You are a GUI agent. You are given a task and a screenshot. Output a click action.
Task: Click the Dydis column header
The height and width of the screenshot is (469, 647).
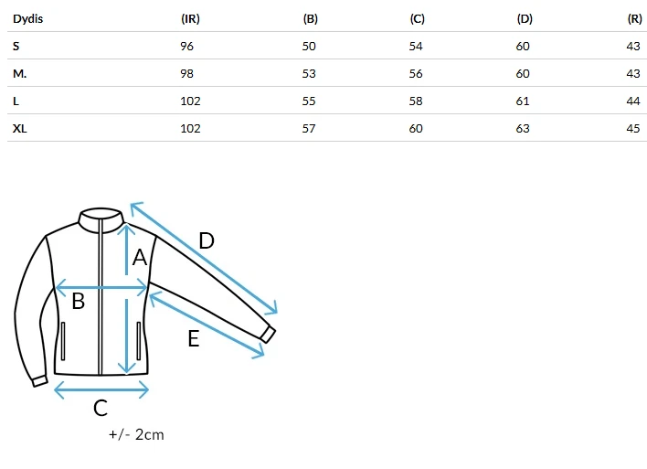point(27,19)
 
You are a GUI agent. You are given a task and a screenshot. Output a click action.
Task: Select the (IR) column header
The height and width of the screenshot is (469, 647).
point(190,19)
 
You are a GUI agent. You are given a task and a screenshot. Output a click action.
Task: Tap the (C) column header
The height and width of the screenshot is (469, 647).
point(417,19)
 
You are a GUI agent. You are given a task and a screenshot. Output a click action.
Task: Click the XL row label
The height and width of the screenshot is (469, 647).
point(20,129)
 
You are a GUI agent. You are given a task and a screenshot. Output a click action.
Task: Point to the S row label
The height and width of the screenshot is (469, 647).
point(16,47)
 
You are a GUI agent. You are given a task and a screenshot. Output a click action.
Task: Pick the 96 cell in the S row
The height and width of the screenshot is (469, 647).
point(187,47)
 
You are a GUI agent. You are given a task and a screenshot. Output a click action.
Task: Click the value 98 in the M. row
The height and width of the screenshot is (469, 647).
point(187,74)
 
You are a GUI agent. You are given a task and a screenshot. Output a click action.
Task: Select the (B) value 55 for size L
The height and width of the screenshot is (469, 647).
point(309,101)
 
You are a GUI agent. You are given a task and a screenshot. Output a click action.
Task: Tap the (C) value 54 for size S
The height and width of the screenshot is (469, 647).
point(416,47)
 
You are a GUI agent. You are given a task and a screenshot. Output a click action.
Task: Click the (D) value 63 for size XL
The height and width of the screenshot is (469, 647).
point(523,129)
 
